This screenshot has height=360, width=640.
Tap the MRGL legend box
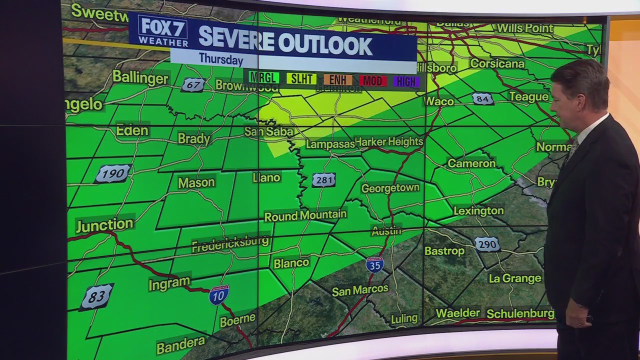pos(264,78)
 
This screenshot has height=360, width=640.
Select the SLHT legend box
pos(301,79)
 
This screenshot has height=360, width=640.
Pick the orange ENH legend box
pos(338,80)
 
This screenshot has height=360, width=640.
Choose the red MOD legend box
pos(372,80)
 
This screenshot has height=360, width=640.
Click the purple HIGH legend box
pos(406,81)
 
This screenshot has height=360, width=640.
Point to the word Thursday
pos(220,59)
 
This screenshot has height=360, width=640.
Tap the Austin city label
pos(386,231)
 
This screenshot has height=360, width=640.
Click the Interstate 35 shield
pos(374,264)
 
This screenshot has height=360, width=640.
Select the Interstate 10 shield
pos(219,294)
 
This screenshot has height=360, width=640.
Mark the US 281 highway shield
pos(324,180)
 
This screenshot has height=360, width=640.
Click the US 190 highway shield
pos(113,173)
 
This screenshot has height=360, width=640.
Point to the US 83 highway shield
pos(96,297)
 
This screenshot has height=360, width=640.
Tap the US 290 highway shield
pos(486,244)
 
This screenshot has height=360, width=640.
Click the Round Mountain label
pos(305,215)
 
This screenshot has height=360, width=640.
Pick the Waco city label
pos(439,101)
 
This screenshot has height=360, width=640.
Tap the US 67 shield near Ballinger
pos(193,85)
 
